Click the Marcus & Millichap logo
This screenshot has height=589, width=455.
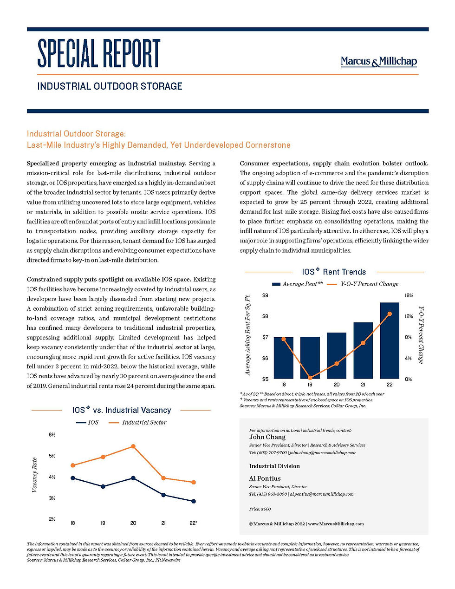(378, 61)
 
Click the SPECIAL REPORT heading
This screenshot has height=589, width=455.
(98, 53)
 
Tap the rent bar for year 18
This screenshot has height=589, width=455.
(283, 358)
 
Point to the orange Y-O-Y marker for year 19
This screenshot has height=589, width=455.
(310, 378)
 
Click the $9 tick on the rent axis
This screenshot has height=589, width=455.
(265, 295)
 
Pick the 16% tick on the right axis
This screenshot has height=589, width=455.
(409, 295)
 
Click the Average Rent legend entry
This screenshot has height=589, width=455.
(297, 284)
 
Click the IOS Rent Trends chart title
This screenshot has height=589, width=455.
(334, 272)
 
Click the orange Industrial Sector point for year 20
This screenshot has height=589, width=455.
(133, 446)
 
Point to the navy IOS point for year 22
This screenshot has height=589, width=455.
(193, 501)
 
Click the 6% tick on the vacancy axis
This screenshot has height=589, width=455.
(52, 435)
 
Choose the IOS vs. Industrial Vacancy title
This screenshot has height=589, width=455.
(121, 410)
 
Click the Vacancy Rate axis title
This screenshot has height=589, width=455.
(34, 475)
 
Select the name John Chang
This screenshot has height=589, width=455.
(267, 437)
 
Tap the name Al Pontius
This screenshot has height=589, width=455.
(265, 478)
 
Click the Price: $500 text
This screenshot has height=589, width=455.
(260, 509)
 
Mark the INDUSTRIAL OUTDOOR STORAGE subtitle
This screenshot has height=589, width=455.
(110, 86)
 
